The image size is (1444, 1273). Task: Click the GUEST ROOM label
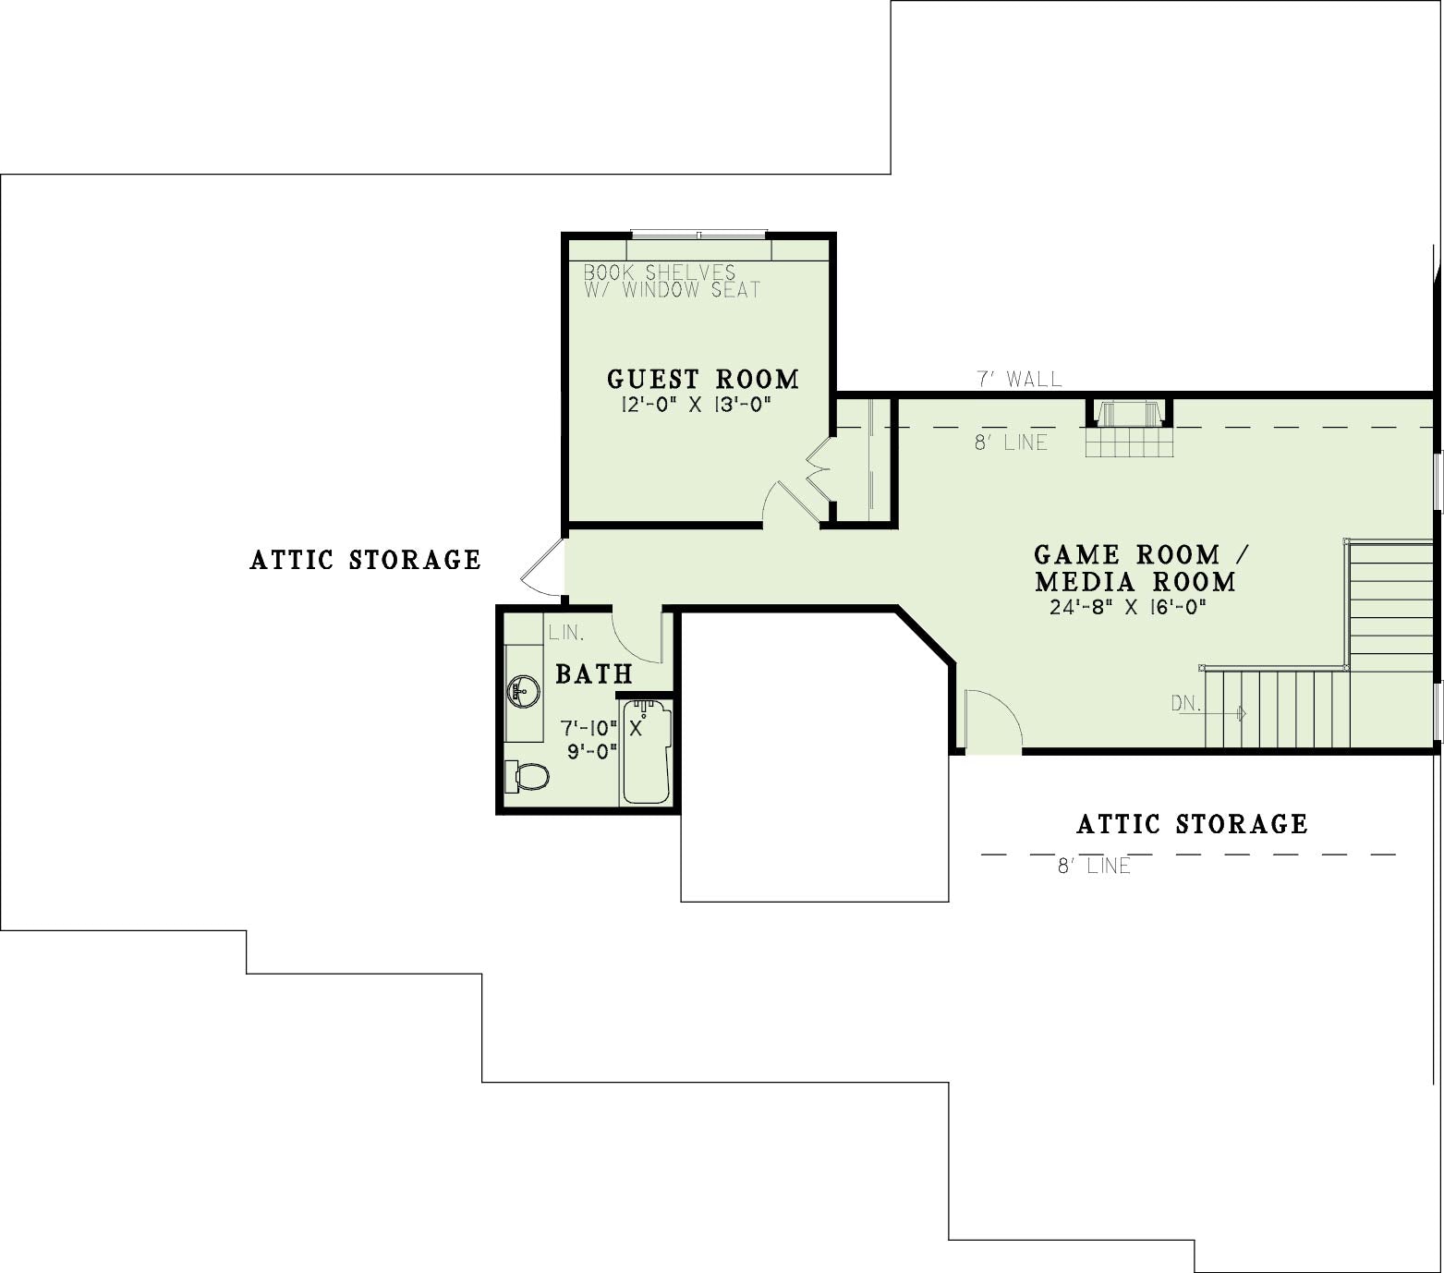pyautogui.click(x=703, y=379)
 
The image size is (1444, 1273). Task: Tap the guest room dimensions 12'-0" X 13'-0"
pyautogui.click(x=697, y=405)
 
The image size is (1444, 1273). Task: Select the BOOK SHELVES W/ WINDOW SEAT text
pyautogui.click(x=672, y=281)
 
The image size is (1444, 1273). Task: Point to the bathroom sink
pyautogui.click(x=523, y=690)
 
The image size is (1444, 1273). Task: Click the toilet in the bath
pyautogui.click(x=527, y=776)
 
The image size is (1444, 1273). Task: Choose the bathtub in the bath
pyautogui.click(x=646, y=751)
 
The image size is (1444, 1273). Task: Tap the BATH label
pyautogui.click(x=594, y=674)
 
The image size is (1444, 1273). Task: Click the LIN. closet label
pyautogui.click(x=566, y=633)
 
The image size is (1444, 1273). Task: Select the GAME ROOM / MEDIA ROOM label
pyautogui.click(x=1138, y=568)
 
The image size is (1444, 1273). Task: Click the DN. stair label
pyautogui.click(x=1185, y=703)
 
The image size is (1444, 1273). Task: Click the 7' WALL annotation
pyautogui.click(x=1020, y=379)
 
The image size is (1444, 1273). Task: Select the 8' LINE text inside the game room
pyautogui.click(x=1012, y=443)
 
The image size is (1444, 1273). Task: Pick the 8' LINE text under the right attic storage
pyautogui.click(x=1094, y=867)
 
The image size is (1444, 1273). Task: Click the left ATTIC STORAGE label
pyautogui.click(x=366, y=560)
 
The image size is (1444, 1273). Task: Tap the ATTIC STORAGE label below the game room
pyautogui.click(x=1193, y=824)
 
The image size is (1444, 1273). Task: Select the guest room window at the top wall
pyautogui.click(x=699, y=235)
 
